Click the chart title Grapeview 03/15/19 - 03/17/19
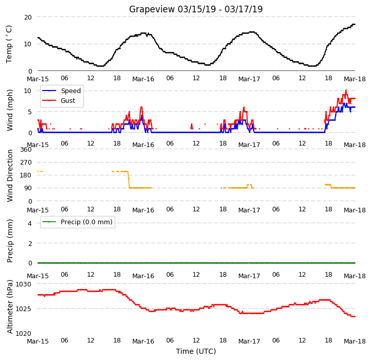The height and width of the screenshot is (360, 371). (196, 9)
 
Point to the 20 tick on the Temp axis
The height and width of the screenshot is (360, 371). (28, 17)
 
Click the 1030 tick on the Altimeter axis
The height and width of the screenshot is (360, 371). (24, 284)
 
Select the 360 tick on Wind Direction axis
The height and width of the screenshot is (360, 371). (26, 150)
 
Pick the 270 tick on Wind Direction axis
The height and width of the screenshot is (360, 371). (26, 163)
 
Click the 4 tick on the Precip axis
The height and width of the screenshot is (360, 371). (30, 223)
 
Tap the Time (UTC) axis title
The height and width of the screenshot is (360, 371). (196, 351)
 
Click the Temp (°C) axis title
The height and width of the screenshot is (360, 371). (9, 44)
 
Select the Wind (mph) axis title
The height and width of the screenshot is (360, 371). (10, 110)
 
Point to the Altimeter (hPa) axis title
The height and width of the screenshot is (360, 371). (10, 307)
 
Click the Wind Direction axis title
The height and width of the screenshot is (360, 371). (10, 176)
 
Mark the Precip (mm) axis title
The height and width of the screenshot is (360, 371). (10, 241)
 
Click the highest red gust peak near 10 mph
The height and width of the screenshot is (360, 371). (346, 91)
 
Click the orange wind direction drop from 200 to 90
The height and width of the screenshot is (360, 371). (129, 179)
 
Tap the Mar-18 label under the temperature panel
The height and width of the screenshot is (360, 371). (355, 79)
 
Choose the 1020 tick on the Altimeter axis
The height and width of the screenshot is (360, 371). (24, 333)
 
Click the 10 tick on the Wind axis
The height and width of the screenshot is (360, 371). (28, 91)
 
